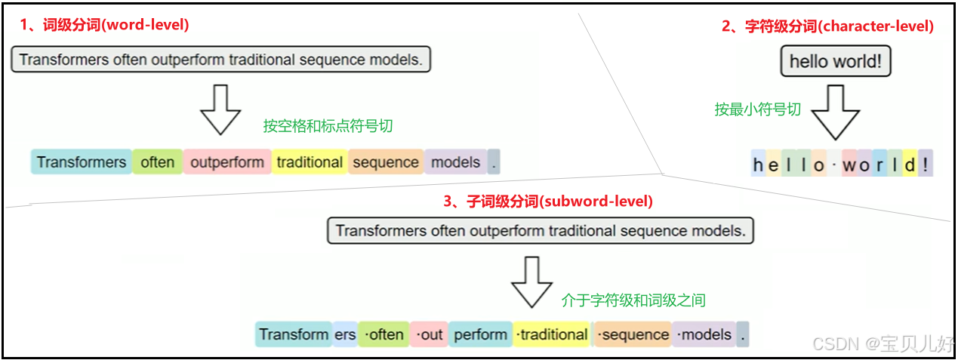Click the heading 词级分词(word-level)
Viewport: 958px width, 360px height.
104,25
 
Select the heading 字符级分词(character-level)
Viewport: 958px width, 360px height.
827,26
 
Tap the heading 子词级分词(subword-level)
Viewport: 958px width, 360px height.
548,202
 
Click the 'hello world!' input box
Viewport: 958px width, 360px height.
835,62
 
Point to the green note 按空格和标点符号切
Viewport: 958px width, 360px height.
328,126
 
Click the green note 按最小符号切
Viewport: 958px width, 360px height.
757,109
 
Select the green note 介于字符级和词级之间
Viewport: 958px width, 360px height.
633,300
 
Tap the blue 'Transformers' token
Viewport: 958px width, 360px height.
82,162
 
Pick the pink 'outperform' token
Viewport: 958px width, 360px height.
226,162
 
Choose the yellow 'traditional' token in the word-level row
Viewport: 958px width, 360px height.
310,162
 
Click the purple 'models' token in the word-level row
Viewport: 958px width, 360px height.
455,162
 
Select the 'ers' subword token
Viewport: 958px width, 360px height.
345,334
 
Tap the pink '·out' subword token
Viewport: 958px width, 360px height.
429,334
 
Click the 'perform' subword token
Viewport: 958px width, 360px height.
481,334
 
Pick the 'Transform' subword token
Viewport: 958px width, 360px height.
294,334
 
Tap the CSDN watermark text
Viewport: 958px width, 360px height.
883,344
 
